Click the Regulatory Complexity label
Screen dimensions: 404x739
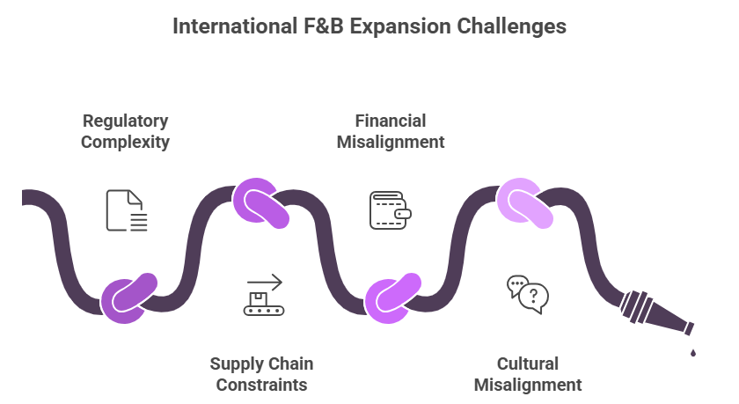click(x=125, y=130)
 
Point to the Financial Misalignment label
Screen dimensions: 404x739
click(x=391, y=130)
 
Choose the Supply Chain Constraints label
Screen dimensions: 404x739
click(x=261, y=373)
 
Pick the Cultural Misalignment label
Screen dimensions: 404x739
click(x=528, y=373)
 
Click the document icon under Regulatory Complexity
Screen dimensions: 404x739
click(x=126, y=210)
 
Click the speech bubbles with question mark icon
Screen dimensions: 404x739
click(x=528, y=294)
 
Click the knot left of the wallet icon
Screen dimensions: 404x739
click(x=261, y=202)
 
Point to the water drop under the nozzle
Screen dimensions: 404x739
click(x=692, y=353)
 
